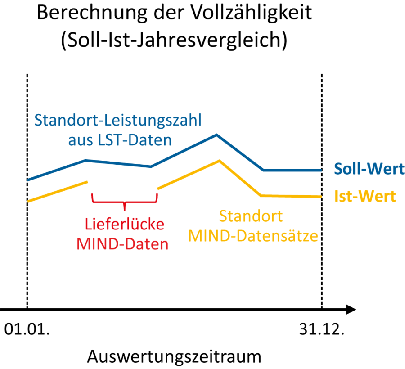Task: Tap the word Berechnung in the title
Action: (x=92, y=13)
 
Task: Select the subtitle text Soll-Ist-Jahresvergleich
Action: (x=174, y=40)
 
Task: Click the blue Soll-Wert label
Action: (x=369, y=169)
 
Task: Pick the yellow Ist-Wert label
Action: (x=365, y=196)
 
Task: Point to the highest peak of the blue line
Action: (x=216, y=135)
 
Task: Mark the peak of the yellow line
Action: (x=219, y=161)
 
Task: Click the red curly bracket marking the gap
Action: (x=125, y=202)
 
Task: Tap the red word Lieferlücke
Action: (x=125, y=224)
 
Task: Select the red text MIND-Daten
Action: (x=122, y=244)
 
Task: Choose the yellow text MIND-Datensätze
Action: (x=253, y=236)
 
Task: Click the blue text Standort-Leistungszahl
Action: (x=118, y=120)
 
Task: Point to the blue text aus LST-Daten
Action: (x=120, y=140)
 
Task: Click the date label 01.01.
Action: (x=27, y=329)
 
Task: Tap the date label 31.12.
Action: (x=322, y=329)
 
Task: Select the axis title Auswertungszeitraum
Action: (x=174, y=357)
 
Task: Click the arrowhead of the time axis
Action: (x=351, y=309)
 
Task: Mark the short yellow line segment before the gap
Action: (x=57, y=192)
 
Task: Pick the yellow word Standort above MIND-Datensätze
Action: (x=251, y=216)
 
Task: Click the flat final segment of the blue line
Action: (x=292, y=171)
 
